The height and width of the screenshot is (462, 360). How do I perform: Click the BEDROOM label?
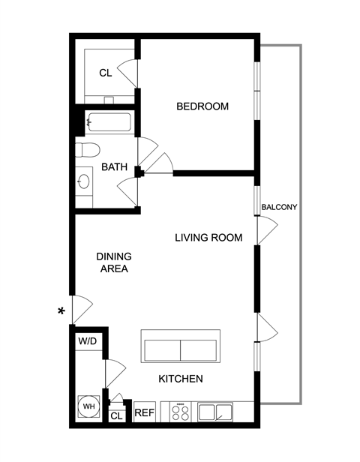pos(202,106)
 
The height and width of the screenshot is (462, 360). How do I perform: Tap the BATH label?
pos(114,166)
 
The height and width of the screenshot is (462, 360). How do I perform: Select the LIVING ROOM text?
pos(208,238)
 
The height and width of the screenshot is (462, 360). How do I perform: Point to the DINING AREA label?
pos(114,262)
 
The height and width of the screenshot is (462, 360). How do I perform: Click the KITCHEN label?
pos(181,379)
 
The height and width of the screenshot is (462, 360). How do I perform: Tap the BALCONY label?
pos(279,207)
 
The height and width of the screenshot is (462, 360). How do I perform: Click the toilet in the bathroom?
pos(88,150)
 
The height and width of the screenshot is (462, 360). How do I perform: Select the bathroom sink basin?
pos(84,181)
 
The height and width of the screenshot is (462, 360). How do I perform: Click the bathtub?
pos(109,122)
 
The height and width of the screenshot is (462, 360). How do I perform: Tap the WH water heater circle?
pos(88,406)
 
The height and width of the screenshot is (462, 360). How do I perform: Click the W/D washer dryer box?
pos(88,341)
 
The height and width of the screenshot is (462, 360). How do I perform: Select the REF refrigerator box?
pos(145,412)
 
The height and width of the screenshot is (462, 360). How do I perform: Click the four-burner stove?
pos(180,412)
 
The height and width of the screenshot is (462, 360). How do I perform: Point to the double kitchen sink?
pos(215,412)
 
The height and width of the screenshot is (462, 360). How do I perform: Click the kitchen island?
pos(181,346)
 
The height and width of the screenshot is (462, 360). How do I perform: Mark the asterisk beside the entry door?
pos(61,311)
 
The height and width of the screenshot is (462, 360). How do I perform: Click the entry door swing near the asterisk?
pos(82,309)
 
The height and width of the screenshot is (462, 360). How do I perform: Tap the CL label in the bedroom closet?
pos(106,73)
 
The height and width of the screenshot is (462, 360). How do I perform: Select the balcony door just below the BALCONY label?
pos(268,230)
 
